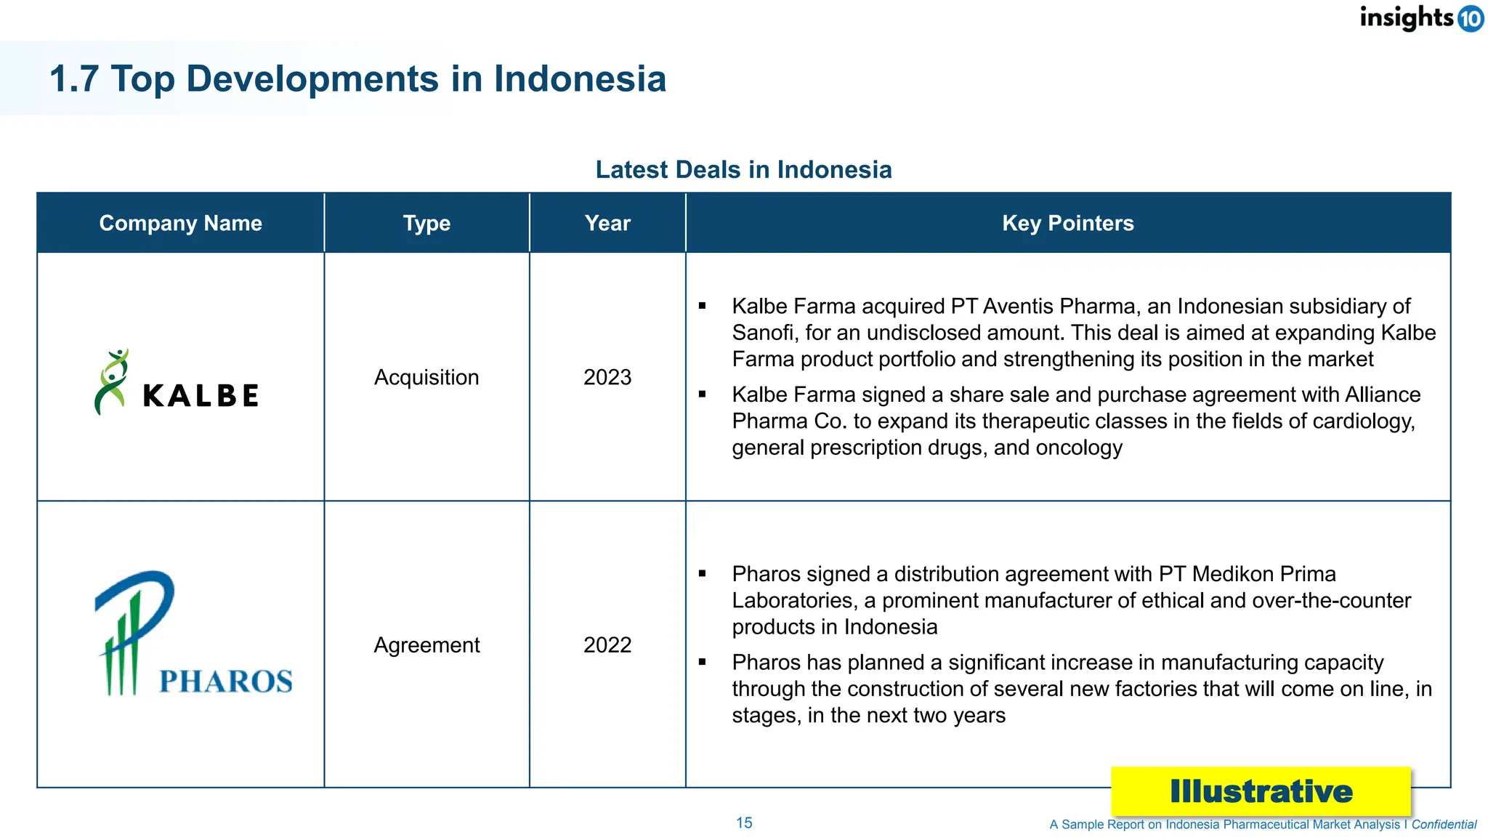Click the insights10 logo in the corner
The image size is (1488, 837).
[1421, 17]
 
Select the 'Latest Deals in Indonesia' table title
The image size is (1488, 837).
[743, 169]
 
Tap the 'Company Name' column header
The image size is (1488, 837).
[180, 223]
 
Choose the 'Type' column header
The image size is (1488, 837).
[426, 223]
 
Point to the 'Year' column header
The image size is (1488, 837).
[607, 223]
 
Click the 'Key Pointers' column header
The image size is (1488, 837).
[1067, 223]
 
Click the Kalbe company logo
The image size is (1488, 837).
[177, 383]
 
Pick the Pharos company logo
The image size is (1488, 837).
[193, 634]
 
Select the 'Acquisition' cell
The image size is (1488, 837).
[426, 377]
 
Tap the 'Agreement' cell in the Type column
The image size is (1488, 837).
[426, 644]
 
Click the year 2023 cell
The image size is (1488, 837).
[607, 377]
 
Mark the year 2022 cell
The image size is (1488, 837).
[607, 644]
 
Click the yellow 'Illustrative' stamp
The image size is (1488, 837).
[1261, 791]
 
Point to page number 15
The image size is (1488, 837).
[744, 822]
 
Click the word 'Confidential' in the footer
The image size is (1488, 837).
[1444, 825]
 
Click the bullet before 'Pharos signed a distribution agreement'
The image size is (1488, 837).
[703, 574]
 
